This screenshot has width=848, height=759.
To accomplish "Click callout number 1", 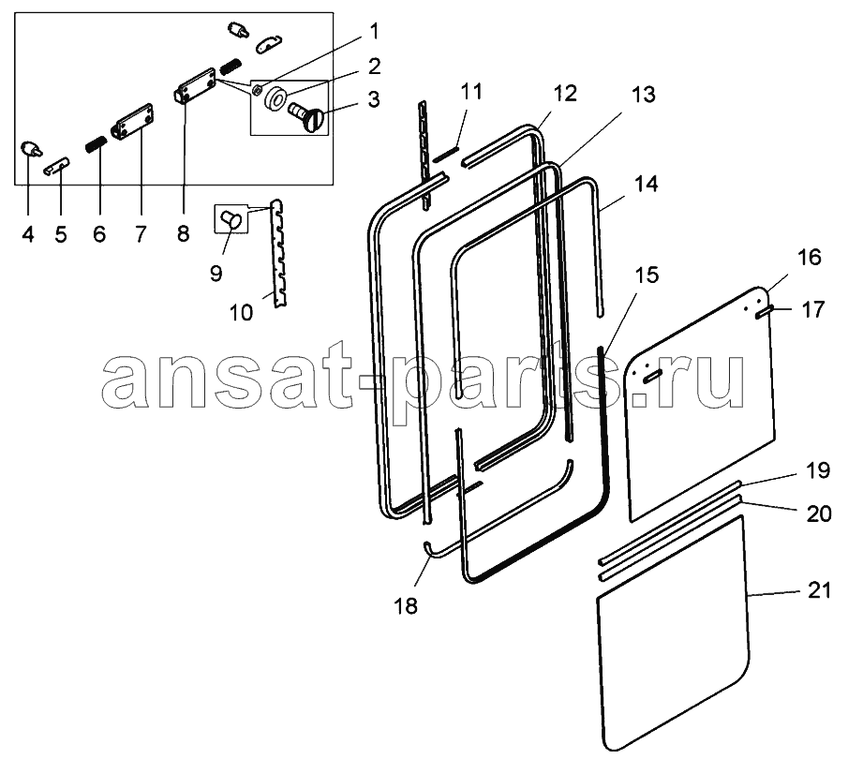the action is [x=373, y=32].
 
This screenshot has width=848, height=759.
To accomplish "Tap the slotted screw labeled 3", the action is [x=306, y=115].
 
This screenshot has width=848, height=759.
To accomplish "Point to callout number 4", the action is [x=28, y=234].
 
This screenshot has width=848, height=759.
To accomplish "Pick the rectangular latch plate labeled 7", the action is [x=133, y=121].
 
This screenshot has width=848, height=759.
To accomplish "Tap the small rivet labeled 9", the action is [x=231, y=219].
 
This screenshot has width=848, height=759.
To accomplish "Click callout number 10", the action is [x=241, y=312].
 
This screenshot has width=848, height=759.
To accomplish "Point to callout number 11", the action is [x=471, y=92].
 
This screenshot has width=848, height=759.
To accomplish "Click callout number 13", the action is [x=643, y=95].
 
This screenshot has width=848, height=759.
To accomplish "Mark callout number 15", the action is [x=647, y=275].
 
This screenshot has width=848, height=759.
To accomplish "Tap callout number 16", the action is [x=809, y=257].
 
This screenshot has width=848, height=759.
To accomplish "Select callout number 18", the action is [x=406, y=606].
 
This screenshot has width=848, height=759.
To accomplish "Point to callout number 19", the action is [x=817, y=470].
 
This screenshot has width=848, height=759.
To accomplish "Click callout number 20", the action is [x=819, y=513].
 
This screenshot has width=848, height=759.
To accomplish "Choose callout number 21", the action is [x=819, y=590].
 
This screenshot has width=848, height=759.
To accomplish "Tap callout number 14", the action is [x=646, y=184].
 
